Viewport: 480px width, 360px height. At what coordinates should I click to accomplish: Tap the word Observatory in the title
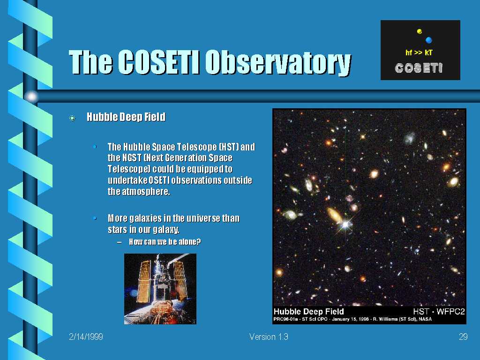click(278, 63)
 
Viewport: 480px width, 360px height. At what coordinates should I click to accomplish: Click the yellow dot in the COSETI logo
click(420, 31)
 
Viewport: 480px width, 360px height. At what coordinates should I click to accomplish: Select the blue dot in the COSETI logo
click(428, 40)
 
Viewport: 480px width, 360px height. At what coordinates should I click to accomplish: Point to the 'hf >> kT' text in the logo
click(419, 52)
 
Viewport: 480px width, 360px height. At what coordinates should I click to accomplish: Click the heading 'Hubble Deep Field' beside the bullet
click(126, 117)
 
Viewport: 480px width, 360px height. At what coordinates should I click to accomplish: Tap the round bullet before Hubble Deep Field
click(72, 118)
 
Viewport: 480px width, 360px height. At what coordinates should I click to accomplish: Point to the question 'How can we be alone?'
click(165, 242)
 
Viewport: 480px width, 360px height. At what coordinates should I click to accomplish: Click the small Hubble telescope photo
click(160, 289)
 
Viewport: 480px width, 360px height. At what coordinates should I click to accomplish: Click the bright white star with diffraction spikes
click(345, 225)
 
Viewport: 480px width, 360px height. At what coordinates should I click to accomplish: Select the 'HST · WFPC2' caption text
click(439, 312)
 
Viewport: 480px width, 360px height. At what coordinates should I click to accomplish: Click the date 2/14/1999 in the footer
click(86, 337)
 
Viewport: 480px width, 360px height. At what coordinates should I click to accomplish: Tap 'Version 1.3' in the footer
click(269, 337)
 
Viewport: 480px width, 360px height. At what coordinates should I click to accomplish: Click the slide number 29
click(463, 337)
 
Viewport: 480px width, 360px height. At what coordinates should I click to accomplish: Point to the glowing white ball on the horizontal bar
click(31, 97)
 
